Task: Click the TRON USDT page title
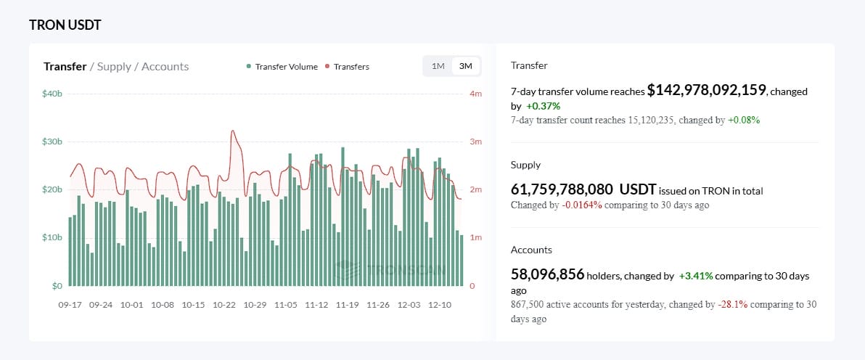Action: click(65, 25)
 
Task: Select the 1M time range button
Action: click(438, 66)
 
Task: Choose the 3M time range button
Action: click(466, 66)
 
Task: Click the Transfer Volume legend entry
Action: click(286, 67)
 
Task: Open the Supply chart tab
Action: click(114, 67)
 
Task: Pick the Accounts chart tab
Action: click(165, 67)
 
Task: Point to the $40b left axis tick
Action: click(52, 94)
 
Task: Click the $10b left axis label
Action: click(52, 237)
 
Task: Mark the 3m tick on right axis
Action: click(476, 142)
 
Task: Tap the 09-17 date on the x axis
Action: click(70, 305)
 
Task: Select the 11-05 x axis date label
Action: click(286, 305)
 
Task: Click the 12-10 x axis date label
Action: click(440, 305)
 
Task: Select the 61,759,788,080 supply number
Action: click(562, 189)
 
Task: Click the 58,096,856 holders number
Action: click(547, 274)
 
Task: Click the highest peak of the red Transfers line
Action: click(232, 131)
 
